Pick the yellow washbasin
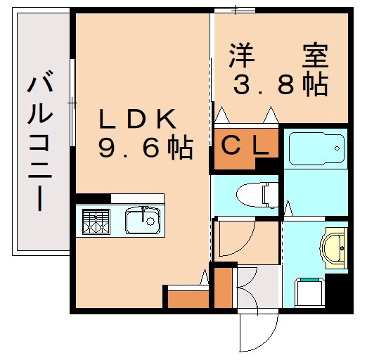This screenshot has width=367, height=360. point(334,247)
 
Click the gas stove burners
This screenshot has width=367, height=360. point(96,221)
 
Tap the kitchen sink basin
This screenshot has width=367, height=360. point(143,221)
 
